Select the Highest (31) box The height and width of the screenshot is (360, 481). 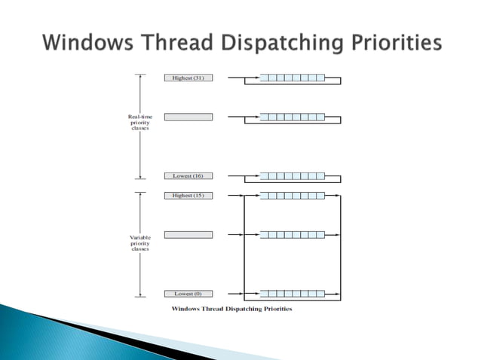click(x=188, y=78)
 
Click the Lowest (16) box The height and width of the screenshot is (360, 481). click(x=188, y=175)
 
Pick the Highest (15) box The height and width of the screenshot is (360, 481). click(x=188, y=195)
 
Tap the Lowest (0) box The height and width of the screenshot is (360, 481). click(x=188, y=293)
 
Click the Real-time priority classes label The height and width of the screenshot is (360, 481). click(x=139, y=122)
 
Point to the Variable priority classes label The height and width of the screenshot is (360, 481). click(x=139, y=243)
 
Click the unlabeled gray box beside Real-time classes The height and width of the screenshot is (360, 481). click(x=188, y=117)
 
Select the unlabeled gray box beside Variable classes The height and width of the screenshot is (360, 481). click(x=188, y=234)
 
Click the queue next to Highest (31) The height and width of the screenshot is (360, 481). click(x=292, y=78)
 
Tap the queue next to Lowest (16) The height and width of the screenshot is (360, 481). click(x=292, y=175)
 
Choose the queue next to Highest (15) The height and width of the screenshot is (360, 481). click(x=292, y=195)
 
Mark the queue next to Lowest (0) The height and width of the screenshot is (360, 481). click(x=292, y=293)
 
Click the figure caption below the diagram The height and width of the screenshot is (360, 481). click(x=231, y=309)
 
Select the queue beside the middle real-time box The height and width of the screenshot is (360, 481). click(x=292, y=117)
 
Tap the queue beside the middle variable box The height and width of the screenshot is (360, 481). click(x=292, y=234)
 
